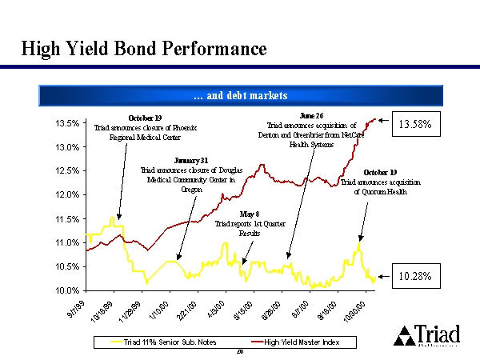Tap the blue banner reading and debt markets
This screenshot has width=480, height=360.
pyautogui.click(x=240, y=96)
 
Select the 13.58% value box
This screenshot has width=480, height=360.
pyautogui.click(x=416, y=125)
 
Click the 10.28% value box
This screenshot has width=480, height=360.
pyautogui.click(x=416, y=276)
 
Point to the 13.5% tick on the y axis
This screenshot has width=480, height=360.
pyautogui.click(x=66, y=124)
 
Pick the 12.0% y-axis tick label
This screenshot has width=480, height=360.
pyautogui.click(x=66, y=195)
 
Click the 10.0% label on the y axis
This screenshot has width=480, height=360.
pyautogui.click(x=66, y=290)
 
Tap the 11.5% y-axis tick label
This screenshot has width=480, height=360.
pyautogui.click(x=66, y=219)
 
